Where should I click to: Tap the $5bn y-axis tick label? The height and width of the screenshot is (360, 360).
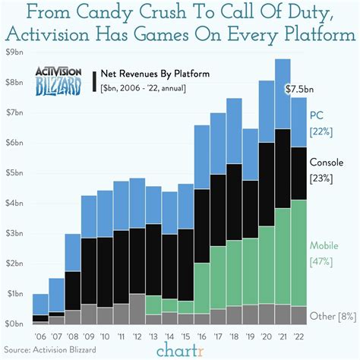15,172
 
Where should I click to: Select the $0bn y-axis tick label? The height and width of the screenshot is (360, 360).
15,324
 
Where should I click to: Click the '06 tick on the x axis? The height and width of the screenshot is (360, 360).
40,335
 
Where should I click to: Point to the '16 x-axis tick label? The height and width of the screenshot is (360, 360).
202,335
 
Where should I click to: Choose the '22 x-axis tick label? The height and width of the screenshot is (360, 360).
299,335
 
